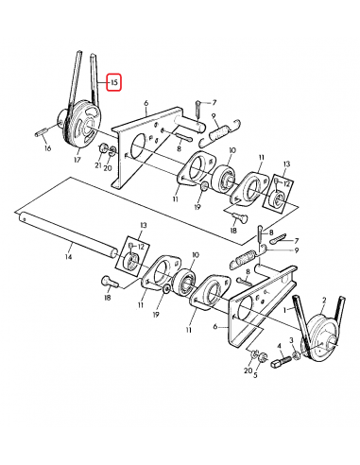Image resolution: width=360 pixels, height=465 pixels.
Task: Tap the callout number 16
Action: (x=46, y=148)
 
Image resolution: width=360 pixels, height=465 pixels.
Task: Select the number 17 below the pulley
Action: (x=77, y=161)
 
